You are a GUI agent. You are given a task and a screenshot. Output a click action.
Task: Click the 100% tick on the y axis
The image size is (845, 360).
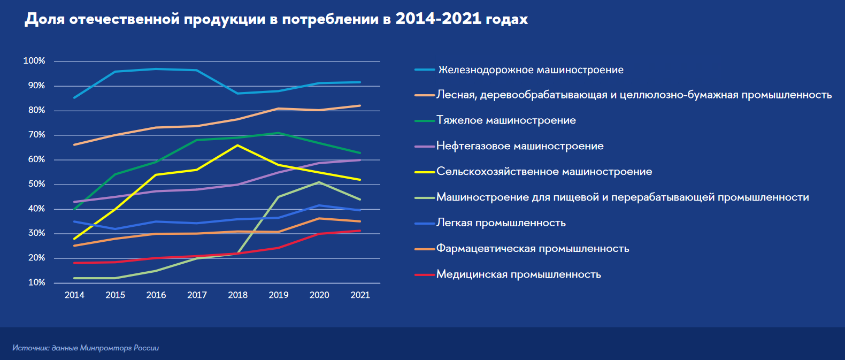point(34,61)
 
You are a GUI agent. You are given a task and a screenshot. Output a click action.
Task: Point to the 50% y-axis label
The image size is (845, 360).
point(36,184)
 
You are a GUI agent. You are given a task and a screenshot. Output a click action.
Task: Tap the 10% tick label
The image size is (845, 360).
point(36,282)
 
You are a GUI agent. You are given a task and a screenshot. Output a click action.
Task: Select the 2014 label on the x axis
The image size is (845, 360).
point(74,295)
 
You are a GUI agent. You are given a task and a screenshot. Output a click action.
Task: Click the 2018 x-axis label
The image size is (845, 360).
point(237,295)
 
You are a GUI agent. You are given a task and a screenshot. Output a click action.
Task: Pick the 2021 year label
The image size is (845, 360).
point(360,295)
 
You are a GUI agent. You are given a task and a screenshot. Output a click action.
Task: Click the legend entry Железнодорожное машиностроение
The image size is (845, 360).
point(531,70)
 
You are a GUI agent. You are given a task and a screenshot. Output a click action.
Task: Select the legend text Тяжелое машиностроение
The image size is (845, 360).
point(506,120)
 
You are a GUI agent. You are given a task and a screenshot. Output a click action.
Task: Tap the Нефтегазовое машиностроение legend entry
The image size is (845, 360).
point(520,146)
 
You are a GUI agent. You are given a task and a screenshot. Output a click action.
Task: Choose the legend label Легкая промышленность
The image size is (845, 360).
point(501,223)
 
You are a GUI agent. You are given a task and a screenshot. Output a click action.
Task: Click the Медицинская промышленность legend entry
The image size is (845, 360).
point(518,274)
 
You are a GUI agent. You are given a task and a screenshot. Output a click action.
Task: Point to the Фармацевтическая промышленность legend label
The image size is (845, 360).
point(532,249)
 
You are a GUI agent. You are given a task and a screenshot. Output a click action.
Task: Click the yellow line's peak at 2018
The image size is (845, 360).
point(237,145)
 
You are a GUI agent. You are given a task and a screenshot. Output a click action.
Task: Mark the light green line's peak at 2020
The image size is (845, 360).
point(319,182)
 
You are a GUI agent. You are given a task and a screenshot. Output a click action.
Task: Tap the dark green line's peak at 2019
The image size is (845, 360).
point(279,133)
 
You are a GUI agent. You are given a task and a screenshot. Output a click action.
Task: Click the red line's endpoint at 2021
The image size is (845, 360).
point(360,231)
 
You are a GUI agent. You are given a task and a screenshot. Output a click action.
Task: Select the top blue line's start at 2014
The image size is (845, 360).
point(74,97)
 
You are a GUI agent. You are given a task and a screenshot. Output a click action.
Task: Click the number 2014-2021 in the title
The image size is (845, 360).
point(438,19)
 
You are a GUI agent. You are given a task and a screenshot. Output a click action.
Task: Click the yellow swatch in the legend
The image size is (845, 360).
point(425,172)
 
